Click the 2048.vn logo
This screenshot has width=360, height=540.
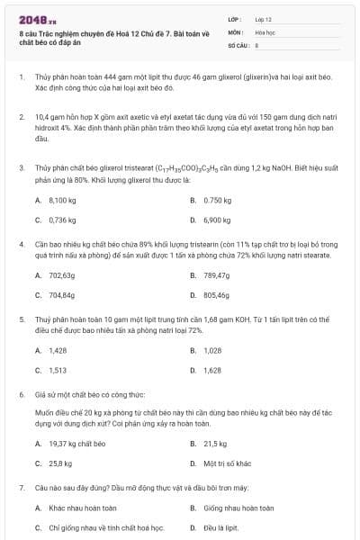(x=37, y=18)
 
